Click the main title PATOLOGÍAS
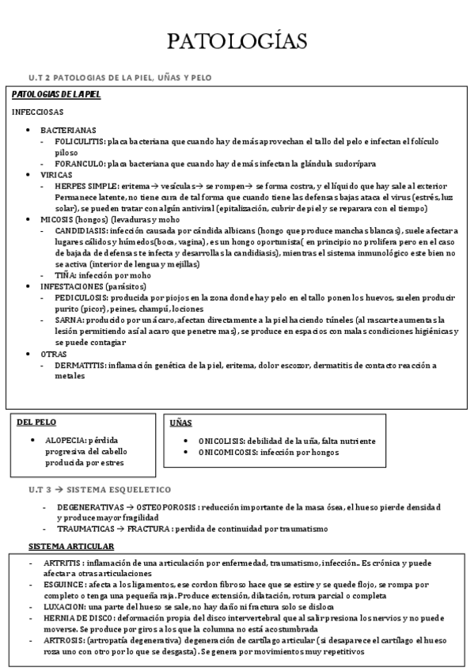[x=237, y=41]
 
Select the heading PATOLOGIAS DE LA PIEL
[x=56, y=95]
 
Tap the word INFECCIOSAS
[x=38, y=112]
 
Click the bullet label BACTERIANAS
[x=68, y=130]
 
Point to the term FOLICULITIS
[x=81, y=141]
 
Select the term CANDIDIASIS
[x=82, y=230]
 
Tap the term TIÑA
[x=66, y=275]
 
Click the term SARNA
[x=68, y=320]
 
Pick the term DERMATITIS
[x=81, y=365]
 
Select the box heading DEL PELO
[x=36, y=423]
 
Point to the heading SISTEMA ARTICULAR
[x=71, y=546]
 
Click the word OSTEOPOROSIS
[x=166, y=506]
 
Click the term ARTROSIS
[x=66, y=642]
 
